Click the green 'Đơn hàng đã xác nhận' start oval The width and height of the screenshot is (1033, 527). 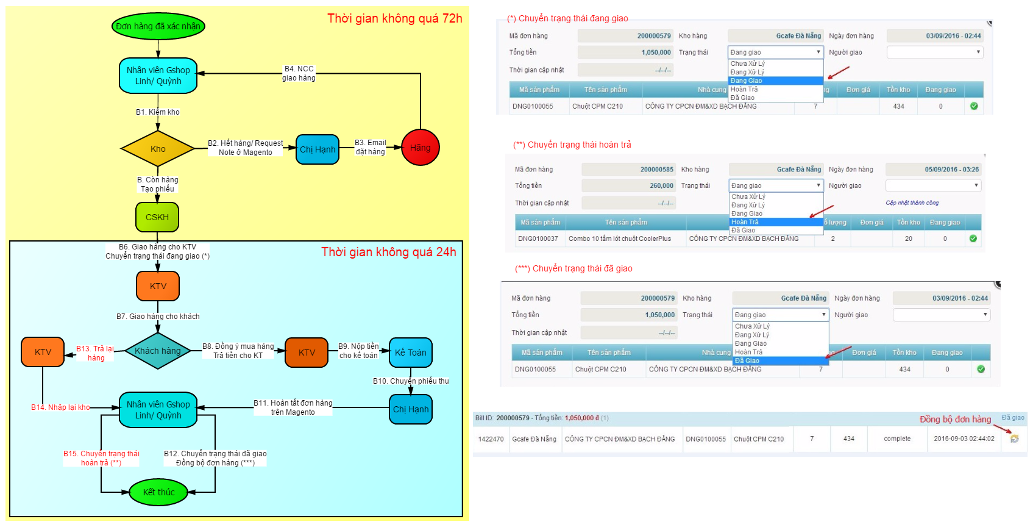click(158, 26)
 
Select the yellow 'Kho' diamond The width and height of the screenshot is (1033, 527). click(158, 149)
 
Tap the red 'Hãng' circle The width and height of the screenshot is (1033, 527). click(420, 148)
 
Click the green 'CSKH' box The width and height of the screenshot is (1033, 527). click(157, 217)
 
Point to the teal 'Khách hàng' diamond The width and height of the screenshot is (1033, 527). click(158, 351)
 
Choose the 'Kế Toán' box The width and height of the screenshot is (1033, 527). click(410, 353)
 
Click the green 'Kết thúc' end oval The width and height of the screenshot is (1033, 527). click(158, 492)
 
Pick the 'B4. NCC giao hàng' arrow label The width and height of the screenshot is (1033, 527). click(299, 73)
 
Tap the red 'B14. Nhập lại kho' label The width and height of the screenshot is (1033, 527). click(60, 407)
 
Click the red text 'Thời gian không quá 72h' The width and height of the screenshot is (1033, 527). click(395, 18)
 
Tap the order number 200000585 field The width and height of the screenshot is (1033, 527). click(628, 170)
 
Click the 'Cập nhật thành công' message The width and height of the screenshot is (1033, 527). click(912, 203)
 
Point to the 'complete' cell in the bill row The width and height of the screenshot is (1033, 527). click(897, 439)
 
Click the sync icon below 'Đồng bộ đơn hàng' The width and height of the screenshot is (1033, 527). click(1014, 439)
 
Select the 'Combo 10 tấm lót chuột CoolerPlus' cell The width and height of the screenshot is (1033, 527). click(619, 238)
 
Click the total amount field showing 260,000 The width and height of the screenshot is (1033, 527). click(628, 185)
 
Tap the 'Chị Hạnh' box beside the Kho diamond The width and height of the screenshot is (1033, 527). click(318, 149)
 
